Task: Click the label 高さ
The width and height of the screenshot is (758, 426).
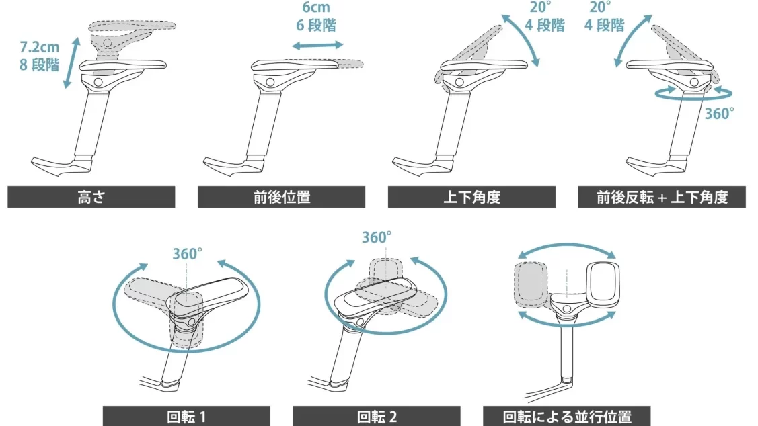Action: click(91, 197)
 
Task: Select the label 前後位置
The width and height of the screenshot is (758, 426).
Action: click(281, 197)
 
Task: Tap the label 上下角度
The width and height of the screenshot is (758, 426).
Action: click(471, 197)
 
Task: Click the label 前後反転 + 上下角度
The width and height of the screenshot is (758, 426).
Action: click(662, 197)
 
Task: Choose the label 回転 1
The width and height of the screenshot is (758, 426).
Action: click(186, 416)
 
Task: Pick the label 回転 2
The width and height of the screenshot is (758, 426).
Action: click(377, 416)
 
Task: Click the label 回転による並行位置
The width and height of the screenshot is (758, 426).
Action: click(567, 416)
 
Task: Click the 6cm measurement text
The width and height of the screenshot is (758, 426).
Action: click(315, 9)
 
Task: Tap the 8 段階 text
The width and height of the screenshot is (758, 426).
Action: click(40, 66)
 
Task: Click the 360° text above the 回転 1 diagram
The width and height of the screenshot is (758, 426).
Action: click(187, 254)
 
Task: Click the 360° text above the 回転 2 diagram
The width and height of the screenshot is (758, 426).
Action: click(377, 237)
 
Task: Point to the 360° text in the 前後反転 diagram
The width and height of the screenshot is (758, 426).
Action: click(719, 113)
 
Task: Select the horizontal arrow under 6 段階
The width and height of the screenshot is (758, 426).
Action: click(317, 46)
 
